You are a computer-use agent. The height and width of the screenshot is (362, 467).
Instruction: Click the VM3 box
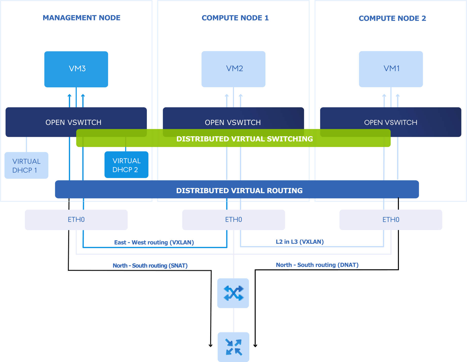[76, 69]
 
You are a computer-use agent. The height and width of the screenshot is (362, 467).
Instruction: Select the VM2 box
[233, 69]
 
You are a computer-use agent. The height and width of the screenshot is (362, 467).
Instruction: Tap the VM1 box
[391, 69]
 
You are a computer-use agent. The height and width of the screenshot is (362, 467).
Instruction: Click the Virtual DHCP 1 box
[26, 165]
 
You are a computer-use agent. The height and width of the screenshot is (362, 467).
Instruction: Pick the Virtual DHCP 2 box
[126, 165]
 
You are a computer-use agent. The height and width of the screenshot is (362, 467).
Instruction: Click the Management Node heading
[82, 18]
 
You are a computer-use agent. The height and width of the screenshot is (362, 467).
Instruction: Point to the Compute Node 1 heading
[235, 18]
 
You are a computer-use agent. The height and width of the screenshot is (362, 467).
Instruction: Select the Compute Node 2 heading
[393, 18]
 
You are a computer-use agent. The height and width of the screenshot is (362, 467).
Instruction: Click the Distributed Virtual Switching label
[244, 139]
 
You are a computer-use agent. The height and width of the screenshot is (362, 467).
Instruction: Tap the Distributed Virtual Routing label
[239, 191]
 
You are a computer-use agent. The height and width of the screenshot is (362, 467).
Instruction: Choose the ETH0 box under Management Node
[76, 220]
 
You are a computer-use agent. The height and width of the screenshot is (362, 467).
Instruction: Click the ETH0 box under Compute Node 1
[233, 220]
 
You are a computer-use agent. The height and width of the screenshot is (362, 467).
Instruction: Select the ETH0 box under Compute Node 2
[391, 220]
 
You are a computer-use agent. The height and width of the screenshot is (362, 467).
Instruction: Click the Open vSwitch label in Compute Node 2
[391, 122]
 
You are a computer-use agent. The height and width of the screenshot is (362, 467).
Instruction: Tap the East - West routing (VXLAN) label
[154, 243]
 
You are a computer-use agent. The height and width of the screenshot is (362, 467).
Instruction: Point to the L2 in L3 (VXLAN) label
[300, 242]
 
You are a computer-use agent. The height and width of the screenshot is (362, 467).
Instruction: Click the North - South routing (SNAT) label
[150, 266]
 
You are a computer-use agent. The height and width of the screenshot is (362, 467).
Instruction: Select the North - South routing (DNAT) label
[317, 265]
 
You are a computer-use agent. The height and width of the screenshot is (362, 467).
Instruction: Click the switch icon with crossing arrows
[233, 293]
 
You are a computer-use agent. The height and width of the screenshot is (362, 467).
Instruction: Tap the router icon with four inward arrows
[233, 347]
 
